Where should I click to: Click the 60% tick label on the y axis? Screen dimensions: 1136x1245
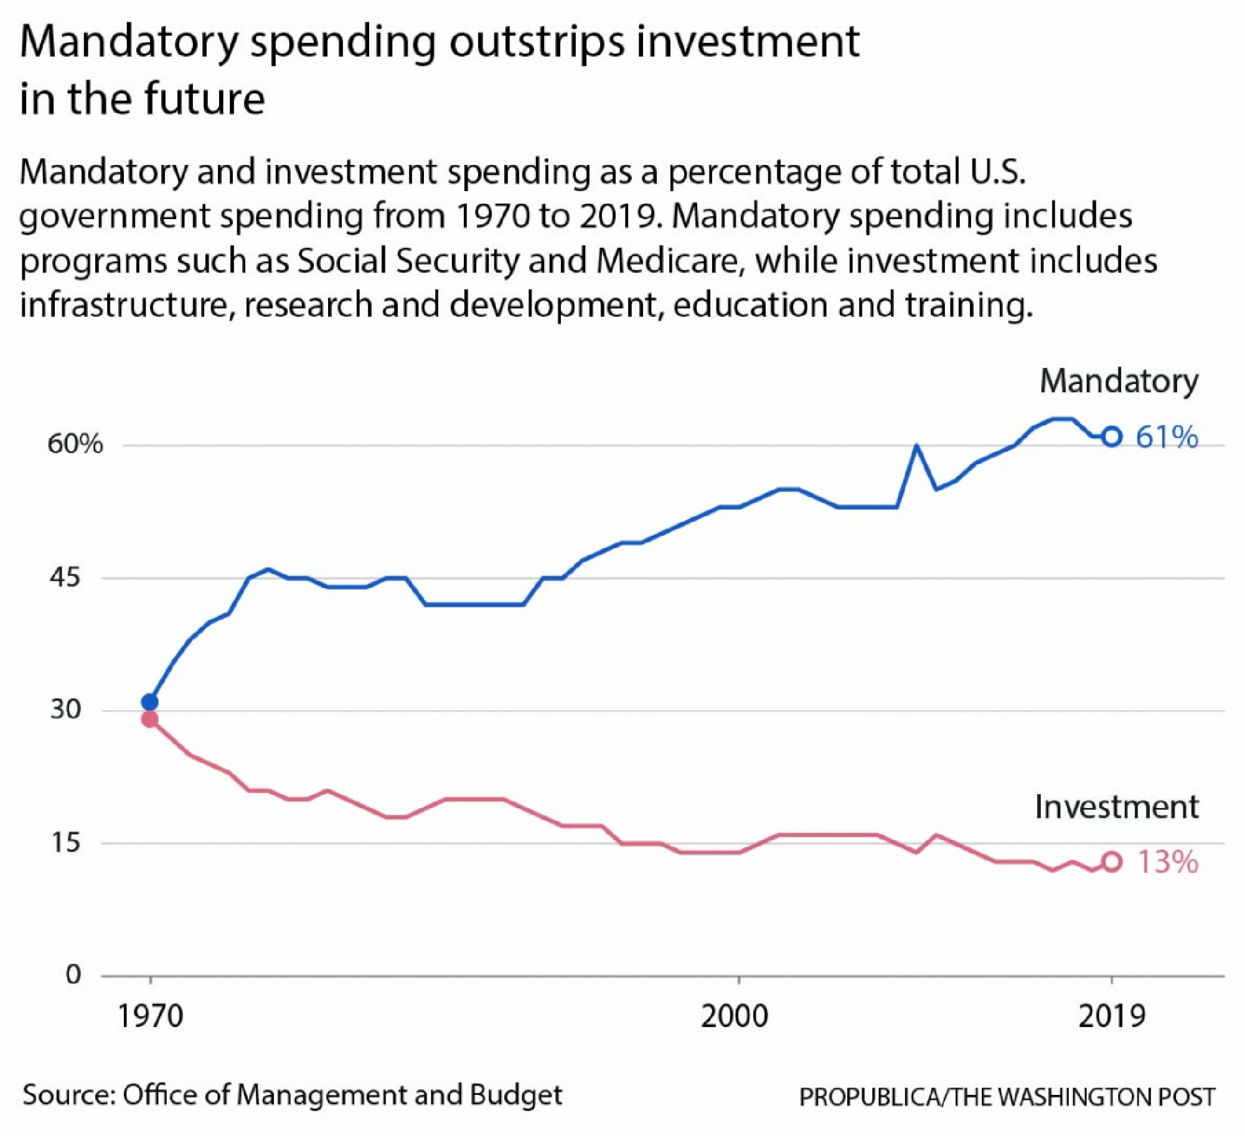click(x=75, y=444)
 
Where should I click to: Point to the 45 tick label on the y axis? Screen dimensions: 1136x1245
click(x=65, y=577)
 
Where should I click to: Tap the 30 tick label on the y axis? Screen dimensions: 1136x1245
click(x=65, y=709)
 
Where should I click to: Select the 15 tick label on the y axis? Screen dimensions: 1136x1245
click(x=65, y=842)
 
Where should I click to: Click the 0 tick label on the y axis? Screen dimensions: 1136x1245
click(x=73, y=974)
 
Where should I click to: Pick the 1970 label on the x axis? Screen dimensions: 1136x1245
click(x=150, y=1016)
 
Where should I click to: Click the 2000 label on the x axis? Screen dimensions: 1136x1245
click(x=735, y=1016)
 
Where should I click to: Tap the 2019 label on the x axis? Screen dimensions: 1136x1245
click(x=1112, y=1016)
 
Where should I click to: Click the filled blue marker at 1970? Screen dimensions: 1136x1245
click(x=149, y=702)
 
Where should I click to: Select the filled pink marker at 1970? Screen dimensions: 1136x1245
click(x=149, y=720)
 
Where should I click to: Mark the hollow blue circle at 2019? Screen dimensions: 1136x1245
click(x=1112, y=437)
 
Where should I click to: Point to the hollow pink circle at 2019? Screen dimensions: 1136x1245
click(x=1112, y=861)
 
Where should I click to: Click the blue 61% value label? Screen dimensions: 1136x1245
click(x=1167, y=437)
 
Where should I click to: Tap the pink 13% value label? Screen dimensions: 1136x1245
click(x=1167, y=862)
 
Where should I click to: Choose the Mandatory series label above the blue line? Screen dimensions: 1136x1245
click(x=1119, y=381)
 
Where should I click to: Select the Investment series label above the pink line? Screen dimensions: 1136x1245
click(x=1116, y=807)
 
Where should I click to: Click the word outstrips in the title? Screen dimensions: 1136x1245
click(x=537, y=42)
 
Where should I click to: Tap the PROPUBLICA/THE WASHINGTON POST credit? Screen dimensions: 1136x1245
click(x=1007, y=1097)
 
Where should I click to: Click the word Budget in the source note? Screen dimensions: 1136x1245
click(x=516, y=1095)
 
